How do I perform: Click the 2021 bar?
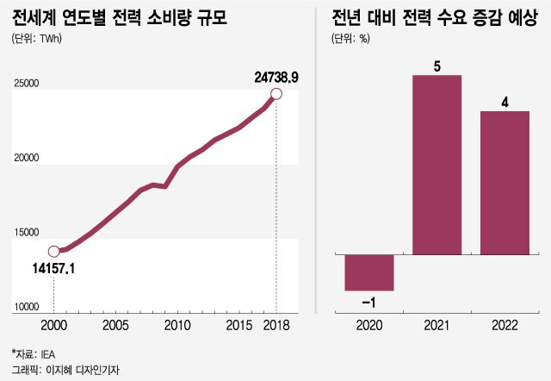pos(437,166)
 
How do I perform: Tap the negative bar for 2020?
pos(369,272)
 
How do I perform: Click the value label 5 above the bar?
pos(437,66)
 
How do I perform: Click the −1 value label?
pos(368,303)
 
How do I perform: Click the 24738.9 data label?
pos(276,78)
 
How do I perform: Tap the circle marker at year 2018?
pos(276,94)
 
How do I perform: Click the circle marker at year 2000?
pos(53,252)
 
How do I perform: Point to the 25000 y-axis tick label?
pos(27,84)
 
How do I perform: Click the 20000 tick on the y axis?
pos(27,159)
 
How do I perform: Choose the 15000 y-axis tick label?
pos(27,233)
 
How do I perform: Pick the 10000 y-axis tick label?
pos(27,307)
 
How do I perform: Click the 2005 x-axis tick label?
pos(115,327)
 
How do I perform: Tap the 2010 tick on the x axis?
pos(177,327)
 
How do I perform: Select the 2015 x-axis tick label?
pos(239,327)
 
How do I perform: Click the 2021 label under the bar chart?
pos(437,327)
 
